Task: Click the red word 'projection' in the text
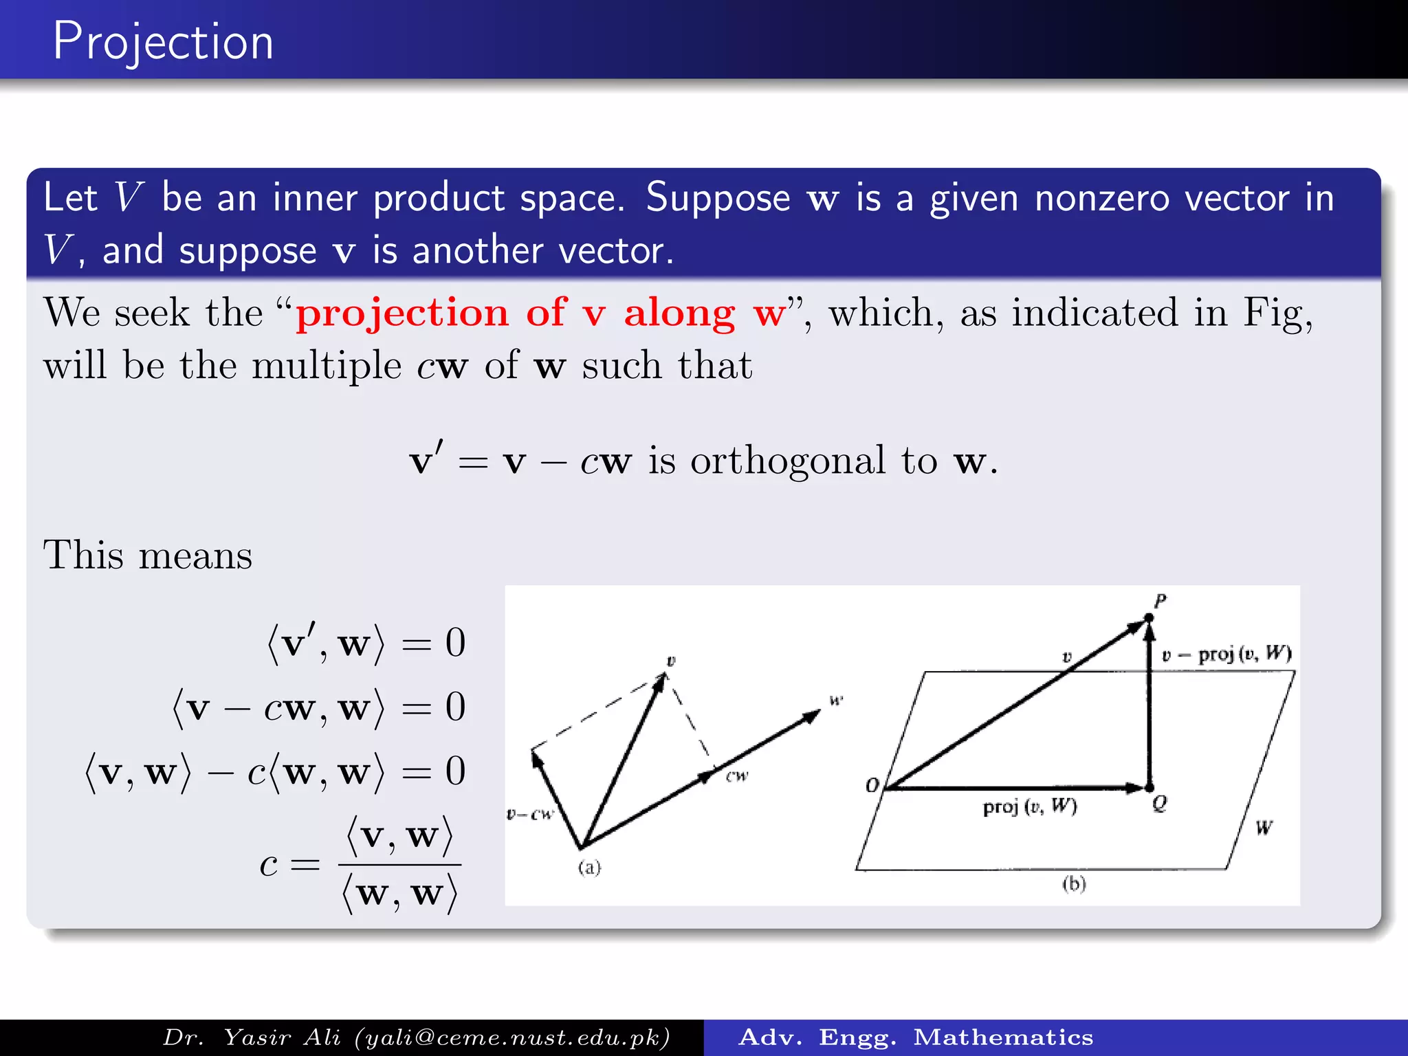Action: tap(402, 313)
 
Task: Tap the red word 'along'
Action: tap(679, 313)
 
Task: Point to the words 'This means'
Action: tap(148, 555)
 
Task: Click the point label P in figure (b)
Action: tap(1160, 601)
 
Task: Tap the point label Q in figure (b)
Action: tap(1159, 803)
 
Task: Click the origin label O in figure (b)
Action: tap(872, 785)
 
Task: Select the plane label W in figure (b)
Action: tap(1264, 827)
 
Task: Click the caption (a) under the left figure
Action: tap(589, 868)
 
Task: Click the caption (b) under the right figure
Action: tap(1074, 883)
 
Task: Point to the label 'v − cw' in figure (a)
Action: tap(529, 815)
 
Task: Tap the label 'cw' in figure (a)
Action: tap(737, 776)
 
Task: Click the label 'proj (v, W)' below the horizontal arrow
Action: tap(1029, 806)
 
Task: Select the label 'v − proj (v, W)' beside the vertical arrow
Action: tap(1226, 653)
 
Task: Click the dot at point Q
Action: tap(1149, 788)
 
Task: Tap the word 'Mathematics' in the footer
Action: tap(1003, 1037)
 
